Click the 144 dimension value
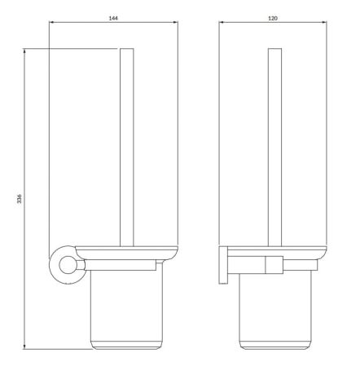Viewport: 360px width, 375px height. [113, 18]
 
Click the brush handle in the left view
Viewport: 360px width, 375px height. [126, 147]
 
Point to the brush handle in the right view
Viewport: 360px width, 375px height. [274, 147]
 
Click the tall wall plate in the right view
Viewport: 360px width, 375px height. [223, 264]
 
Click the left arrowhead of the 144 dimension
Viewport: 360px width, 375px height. [52, 23]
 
